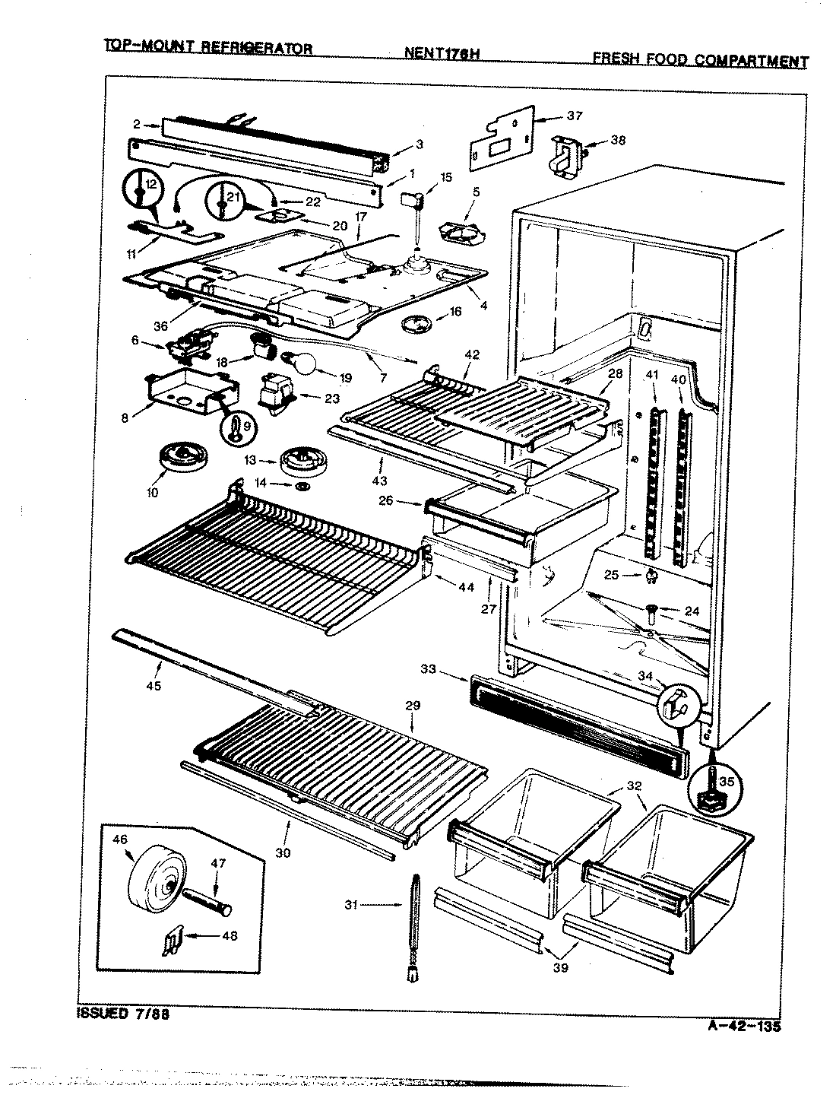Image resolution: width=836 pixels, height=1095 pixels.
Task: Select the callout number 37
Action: click(574, 116)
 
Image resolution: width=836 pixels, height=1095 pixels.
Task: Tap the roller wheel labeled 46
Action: click(157, 879)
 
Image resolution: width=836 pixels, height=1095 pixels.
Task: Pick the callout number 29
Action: click(413, 706)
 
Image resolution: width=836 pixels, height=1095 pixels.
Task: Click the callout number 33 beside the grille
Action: click(429, 668)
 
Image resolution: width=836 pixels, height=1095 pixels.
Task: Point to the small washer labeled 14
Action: click(302, 484)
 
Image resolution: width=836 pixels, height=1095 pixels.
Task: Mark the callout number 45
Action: click(158, 686)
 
